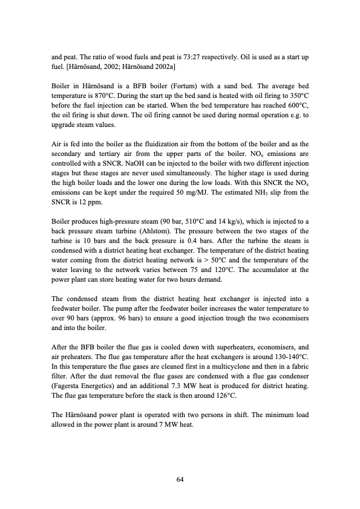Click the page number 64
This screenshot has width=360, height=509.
[180, 479]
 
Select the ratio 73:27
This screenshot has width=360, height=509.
[178, 57]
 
